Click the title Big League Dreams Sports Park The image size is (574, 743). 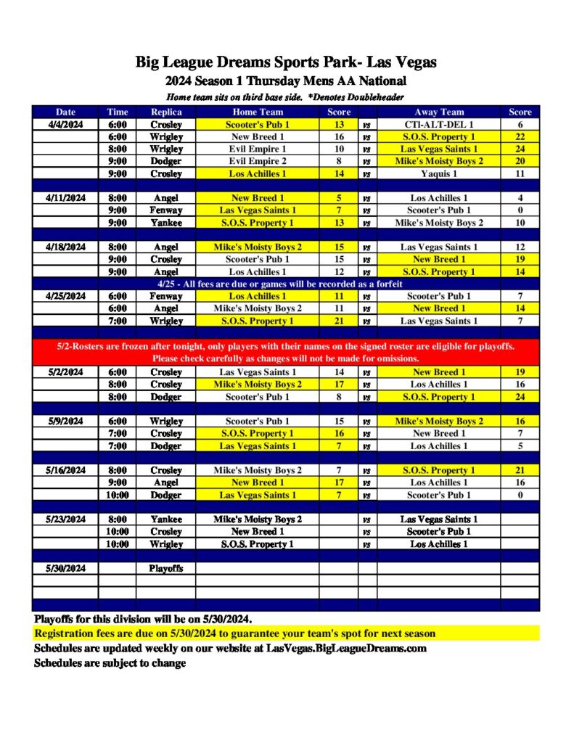coord(286,62)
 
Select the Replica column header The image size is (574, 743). coord(166,112)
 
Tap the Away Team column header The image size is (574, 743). coord(439,112)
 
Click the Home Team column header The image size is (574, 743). coord(258,112)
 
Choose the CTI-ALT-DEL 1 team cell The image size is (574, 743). coord(439,124)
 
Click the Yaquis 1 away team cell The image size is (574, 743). coord(439,173)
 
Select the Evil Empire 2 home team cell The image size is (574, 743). coord(258,161)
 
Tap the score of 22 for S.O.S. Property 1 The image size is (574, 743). coord(520,136)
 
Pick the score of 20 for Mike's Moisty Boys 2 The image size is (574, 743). coord(520,161)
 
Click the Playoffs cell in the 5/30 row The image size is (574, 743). coord(166,568)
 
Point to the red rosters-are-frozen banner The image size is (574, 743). coord(286,352)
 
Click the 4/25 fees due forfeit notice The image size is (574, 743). coord(286,284)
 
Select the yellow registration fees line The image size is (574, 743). coord(235,633)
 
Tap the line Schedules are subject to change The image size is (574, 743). coord(110,662)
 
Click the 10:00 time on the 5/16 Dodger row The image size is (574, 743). coord(118,495)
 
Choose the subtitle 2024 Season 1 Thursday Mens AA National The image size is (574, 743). coord(286,81)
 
